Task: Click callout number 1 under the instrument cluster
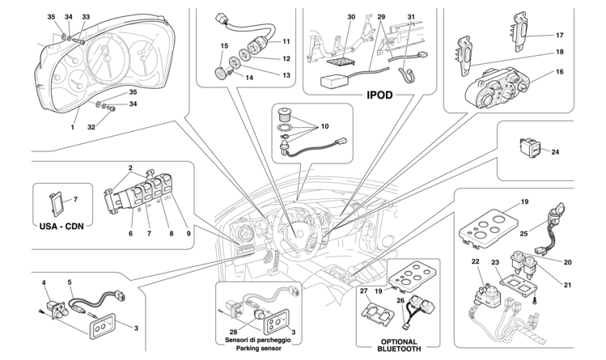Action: tap(73, 127)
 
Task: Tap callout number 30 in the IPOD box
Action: tap(351, 17)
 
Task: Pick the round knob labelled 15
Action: tap(218, 70)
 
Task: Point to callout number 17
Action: tap(559, 35)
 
